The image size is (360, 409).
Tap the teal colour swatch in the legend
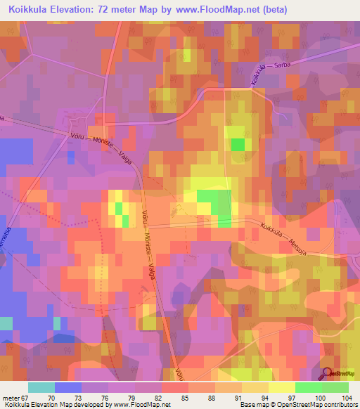(41, 387)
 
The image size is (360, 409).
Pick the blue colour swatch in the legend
(67, 387)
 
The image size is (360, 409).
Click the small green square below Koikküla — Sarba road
(238, 145)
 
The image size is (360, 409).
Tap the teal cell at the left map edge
(6, 323)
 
